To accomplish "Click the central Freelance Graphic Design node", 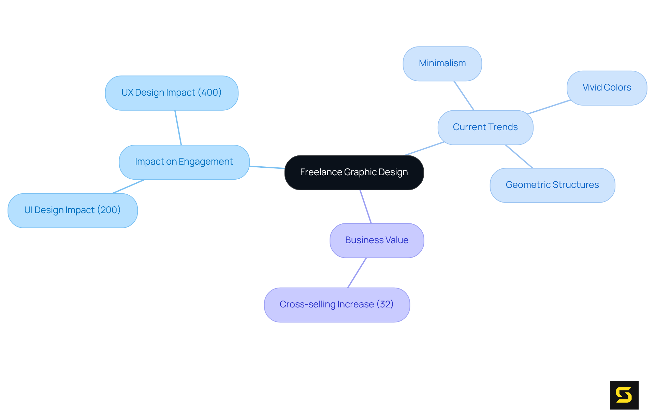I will pyautogui.click(x=354, y=172).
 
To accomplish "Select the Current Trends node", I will pyautogui.click(x=485, y=127).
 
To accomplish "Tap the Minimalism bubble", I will pyautogui.click(x=442, y=64).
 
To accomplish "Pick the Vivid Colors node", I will pyautogui.click(x=607, y=88).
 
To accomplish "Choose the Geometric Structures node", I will pyautogui.click(x=552, y=185).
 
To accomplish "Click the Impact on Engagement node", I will pyautogui.click(x=184, y=162).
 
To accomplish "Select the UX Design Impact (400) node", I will pyautogui.click(x=171, y=93).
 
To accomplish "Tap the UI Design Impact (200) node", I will pyautogui.click(x=72, y=210).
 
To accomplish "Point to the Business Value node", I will pyautogui.click(x=377, y=240).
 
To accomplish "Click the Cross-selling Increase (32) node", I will pyautogui.click(x=337, y=305).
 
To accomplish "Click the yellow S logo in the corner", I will pyautogui.click(x=624, y=395).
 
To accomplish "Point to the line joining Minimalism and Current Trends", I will pyautogui.click(x=464, y=96).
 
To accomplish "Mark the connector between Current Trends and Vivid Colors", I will pyautogui.click(x=549, y=107).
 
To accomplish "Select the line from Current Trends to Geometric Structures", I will pyautogui.click(x=519, y=156).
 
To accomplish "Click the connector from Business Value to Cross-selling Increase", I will pyautogui.click(x=357, y=273).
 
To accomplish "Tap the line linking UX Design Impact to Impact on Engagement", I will pyautogui.click(x=178, y=127).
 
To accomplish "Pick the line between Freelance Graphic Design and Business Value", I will pyautogui.click(x=365, y=207).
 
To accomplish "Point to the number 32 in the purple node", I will pyautogui.click(x=385, y=304).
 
